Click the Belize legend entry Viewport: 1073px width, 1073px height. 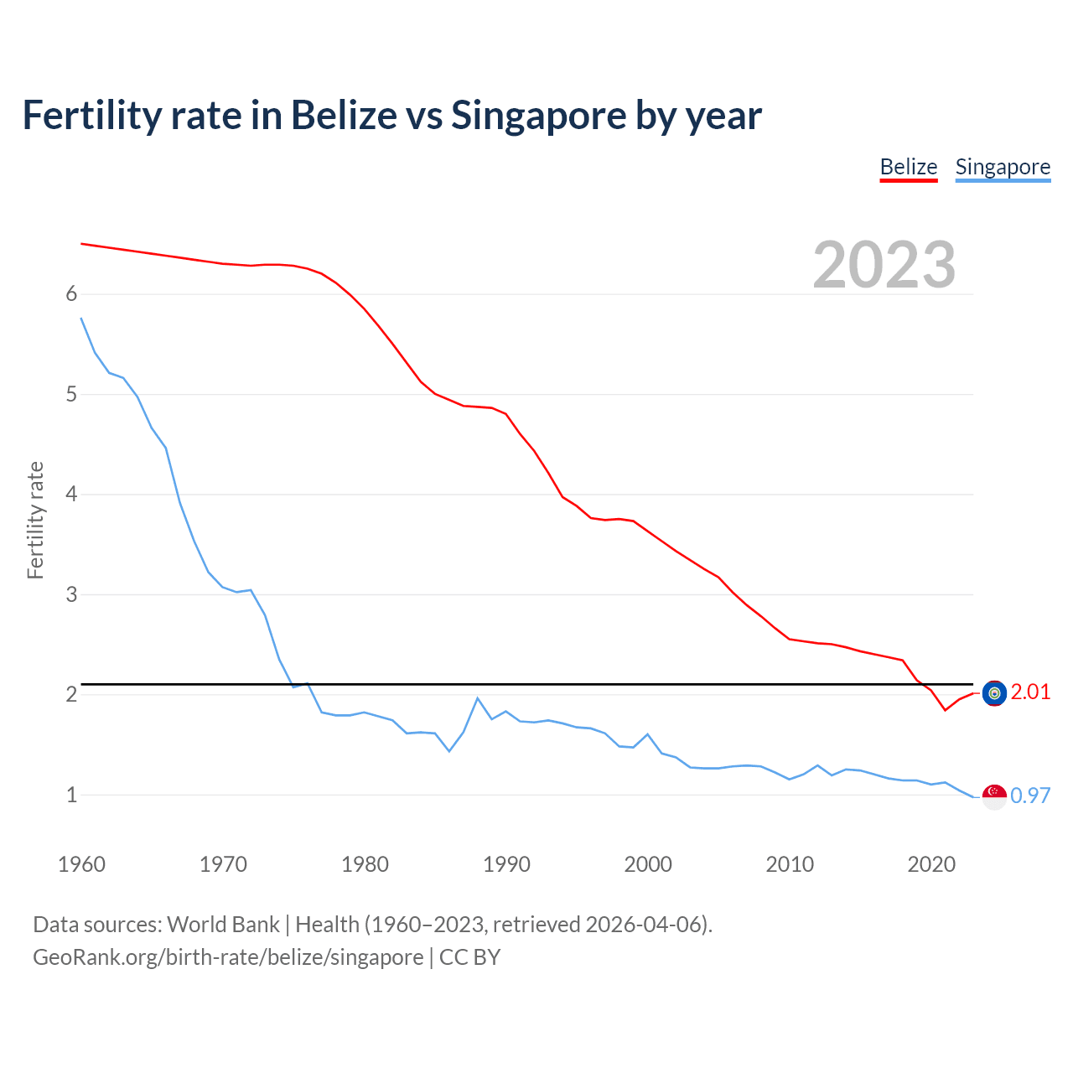point(908,167)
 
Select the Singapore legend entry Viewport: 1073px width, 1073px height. point(1003,167)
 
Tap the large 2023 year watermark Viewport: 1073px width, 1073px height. point(884,265)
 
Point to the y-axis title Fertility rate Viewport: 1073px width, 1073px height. point(35,520)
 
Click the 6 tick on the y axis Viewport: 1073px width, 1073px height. point(71,294)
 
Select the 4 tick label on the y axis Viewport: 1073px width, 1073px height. point(71,495)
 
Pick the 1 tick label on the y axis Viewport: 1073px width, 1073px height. point(71,795)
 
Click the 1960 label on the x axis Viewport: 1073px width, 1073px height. point(81,864)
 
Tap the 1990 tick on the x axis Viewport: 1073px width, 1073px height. point(506,864)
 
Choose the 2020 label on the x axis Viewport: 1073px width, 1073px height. point(931,864)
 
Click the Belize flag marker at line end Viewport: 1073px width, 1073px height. point(994,693)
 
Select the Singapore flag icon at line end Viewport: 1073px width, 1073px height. point(994,797)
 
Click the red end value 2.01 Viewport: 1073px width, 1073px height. point(1030,692)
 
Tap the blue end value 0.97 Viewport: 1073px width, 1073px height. point(1030,796)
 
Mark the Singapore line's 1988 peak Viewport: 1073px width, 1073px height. point(478,698)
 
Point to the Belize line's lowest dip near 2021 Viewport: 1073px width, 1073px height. point(945,710)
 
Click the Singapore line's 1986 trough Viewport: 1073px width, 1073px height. point(449,751)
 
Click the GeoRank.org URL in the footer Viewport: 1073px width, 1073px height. point(228,957)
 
